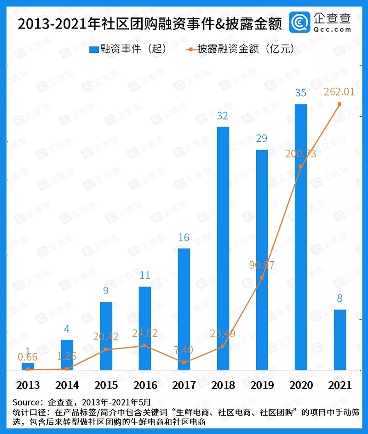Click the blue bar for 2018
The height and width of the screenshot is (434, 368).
[x=223, y=248]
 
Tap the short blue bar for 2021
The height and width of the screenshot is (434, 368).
[x=339, y=340]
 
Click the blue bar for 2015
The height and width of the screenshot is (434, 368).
[x=106, y=336]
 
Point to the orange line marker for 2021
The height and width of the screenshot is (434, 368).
[x=339, y=104]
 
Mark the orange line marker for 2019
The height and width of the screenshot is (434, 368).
[x=262, y=278]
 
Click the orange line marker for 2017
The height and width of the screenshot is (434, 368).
[x=184, y=362]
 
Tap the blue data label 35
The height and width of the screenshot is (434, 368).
[x=301, y=93]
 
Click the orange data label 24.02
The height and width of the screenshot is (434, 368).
[x=144, y=333]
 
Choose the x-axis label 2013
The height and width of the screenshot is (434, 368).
[x=28, y=385]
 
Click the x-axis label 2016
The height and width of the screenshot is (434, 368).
[x=145, y=385]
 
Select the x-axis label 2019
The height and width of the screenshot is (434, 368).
[x=262, y=385]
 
